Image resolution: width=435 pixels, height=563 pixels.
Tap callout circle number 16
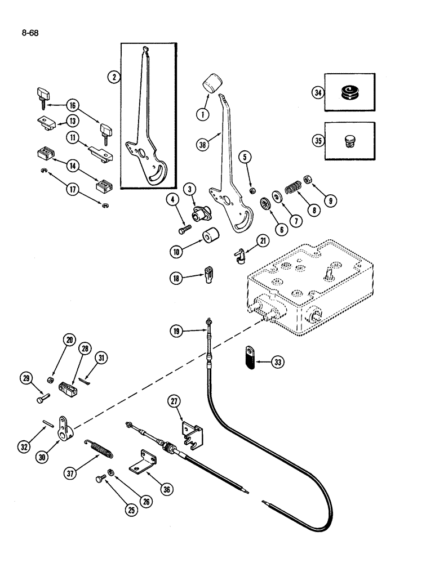(88, 105)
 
